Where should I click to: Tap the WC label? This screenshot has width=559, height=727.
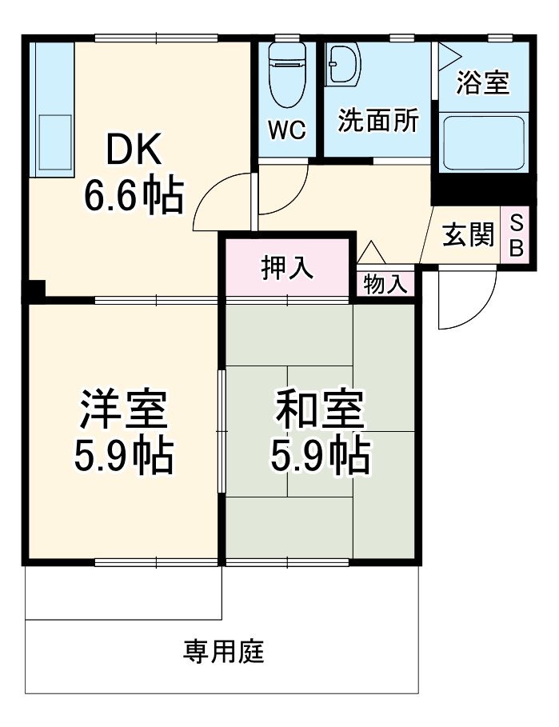287,130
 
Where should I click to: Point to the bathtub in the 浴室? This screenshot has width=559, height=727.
483,142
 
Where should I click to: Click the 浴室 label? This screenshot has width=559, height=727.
483,82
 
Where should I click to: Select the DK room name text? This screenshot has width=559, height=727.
135,149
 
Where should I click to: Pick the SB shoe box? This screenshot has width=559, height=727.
516,234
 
